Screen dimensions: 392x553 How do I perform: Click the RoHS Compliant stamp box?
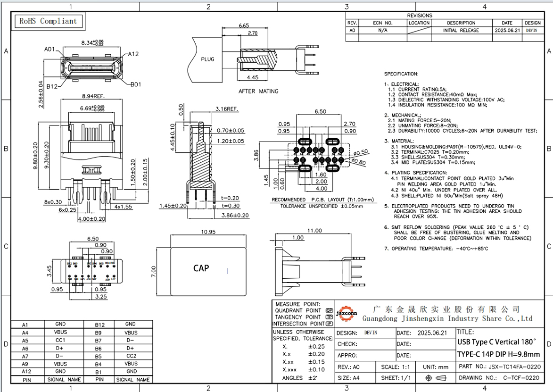click(x=48, y=21)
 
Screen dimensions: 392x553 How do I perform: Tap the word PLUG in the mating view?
click(x=207, y=59)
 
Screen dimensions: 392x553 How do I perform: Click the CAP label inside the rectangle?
click(x=201, y=268)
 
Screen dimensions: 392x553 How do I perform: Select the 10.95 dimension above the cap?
click(x=208, y=232)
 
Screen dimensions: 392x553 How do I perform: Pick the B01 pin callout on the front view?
click(x=136, y=85)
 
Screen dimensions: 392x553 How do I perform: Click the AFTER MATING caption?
click(x=258, y=91)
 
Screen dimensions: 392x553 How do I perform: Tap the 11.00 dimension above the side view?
click(x=314, y=231)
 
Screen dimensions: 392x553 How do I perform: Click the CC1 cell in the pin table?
click(x=60, y=340)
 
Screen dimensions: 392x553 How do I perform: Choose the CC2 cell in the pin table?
click(x=131, y=356)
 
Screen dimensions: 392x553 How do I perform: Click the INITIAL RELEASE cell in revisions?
click(x=461, y=30)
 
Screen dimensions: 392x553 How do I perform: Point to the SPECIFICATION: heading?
click(x=401, y=74)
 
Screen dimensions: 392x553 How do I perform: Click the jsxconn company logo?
click(x=347, y=313)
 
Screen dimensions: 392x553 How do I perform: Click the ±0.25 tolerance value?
click(x=317, y=347)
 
